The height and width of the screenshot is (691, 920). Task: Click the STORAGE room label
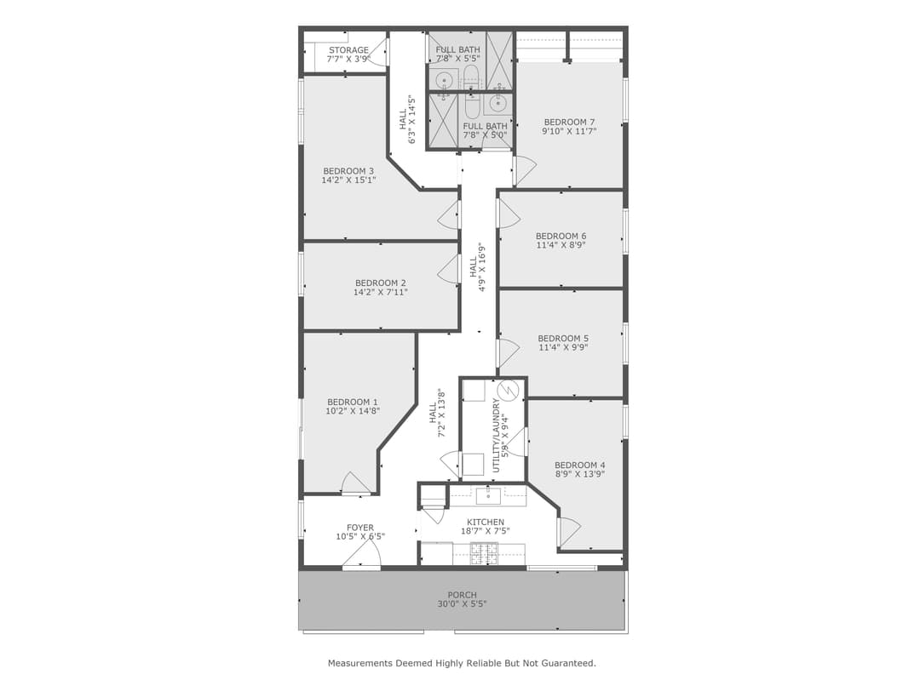pos(349,50)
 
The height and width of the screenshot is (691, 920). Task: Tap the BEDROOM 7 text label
pos(569,122)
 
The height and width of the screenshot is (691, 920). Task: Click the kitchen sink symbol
pos(488,494)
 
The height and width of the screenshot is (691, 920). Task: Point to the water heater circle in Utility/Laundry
pos(509,391)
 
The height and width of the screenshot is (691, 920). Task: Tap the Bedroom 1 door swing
pos(354,483)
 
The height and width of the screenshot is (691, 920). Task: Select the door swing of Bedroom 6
pos(508,214)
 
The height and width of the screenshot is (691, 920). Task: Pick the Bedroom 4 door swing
pos(568,532)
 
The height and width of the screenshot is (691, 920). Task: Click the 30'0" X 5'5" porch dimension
pos(462,604)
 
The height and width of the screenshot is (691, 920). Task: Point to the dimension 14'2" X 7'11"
pos(381,292)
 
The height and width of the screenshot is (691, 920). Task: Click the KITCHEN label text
pos(486,522)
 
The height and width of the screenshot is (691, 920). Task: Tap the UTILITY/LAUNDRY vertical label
pos(497,430)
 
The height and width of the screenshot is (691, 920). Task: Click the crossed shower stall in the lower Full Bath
pos(443,120)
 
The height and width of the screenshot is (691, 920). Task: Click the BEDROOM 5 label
pos(563,338)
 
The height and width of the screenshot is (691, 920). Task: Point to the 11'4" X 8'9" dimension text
pos(561,245)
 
